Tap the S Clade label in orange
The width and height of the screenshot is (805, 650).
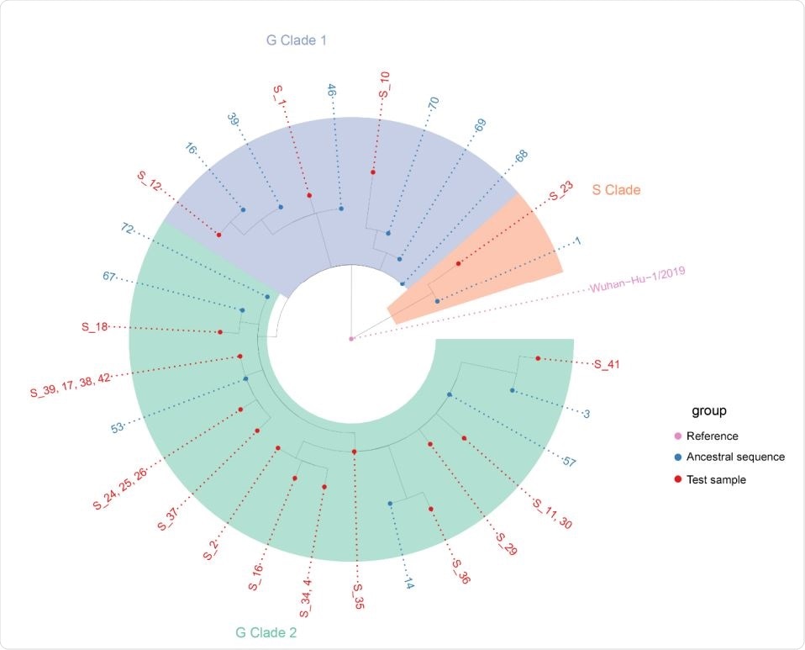[616, 190]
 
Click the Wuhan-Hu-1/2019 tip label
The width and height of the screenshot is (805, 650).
[638, 283]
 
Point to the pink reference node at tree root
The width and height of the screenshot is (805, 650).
[351, 338]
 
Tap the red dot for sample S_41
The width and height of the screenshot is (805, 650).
[539, 358]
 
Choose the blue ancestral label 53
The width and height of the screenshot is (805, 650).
[119, 428]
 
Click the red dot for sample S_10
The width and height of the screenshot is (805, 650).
[373, 172]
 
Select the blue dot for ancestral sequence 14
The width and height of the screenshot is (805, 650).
[391, 503]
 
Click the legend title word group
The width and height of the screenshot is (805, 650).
[708, 411]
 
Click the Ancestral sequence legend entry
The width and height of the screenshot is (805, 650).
[735, 457]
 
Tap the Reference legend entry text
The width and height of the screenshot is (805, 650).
[712, 436]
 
